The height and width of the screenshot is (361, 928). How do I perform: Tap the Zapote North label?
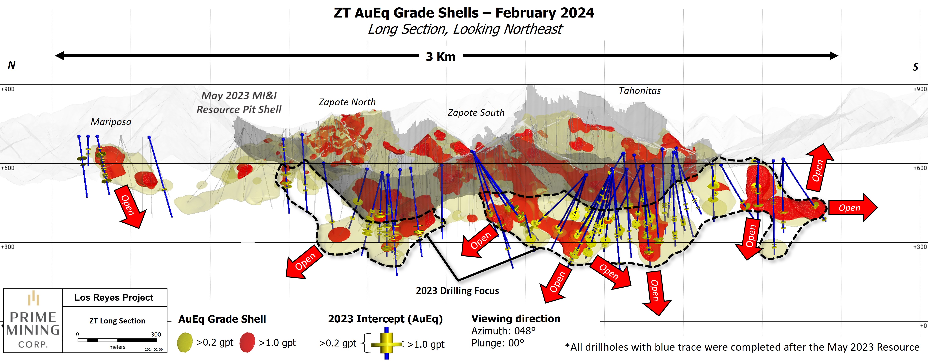[x=347, y=102]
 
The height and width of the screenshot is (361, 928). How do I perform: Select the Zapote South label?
[x=476, y=113]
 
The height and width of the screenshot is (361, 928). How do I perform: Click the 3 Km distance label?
[x=441, y=57]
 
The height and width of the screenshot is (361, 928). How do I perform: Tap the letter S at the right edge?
[x=915, y=67]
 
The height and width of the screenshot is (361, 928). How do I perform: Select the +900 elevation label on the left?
[x=8, y=89]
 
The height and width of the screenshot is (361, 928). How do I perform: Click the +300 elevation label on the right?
[x=920, y=247]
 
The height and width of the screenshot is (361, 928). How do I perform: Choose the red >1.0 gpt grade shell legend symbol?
[x=247, y=342]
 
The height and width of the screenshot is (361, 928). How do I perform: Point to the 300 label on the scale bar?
[x=156, y=334]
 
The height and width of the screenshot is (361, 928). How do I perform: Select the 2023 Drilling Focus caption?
[x=457, y=291]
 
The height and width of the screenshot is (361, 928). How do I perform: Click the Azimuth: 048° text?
[x=503, y=331]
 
